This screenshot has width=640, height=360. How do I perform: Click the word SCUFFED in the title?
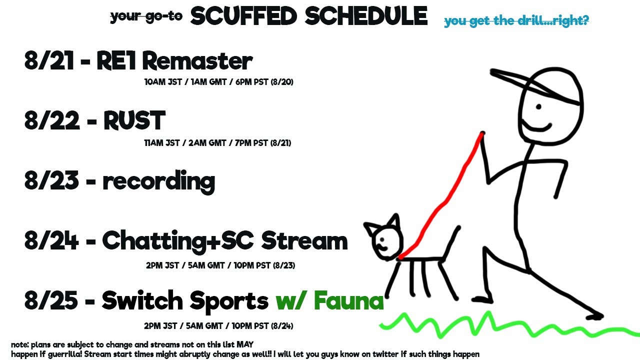click(x=243, y=16)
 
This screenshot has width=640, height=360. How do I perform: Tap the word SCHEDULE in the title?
click(x=366, y=16)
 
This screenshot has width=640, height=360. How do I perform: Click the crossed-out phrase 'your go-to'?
click(x=146, y=16)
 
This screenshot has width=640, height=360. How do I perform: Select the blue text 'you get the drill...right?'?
click(x=516, y=21)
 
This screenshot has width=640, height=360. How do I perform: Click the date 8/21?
click(x=49, y=60)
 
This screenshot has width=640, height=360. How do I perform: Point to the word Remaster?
click(x=197, y=61)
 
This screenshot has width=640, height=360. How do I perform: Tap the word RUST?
click(x=134, y=120)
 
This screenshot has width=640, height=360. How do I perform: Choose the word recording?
click(x=159, y=182)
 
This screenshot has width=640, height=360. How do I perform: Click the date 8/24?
click(x=51, y=240)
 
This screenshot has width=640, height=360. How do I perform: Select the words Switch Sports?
click(x=185, y=301)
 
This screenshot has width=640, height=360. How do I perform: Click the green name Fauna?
click(x=348, y=300)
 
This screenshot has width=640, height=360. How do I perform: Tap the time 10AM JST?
click(x=163, y=82)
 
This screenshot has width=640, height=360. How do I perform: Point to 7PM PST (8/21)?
click(x=263, y=143)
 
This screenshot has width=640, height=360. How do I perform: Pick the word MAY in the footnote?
click(x=245, y=344)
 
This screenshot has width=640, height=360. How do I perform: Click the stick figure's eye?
click(x=539, y=107)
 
